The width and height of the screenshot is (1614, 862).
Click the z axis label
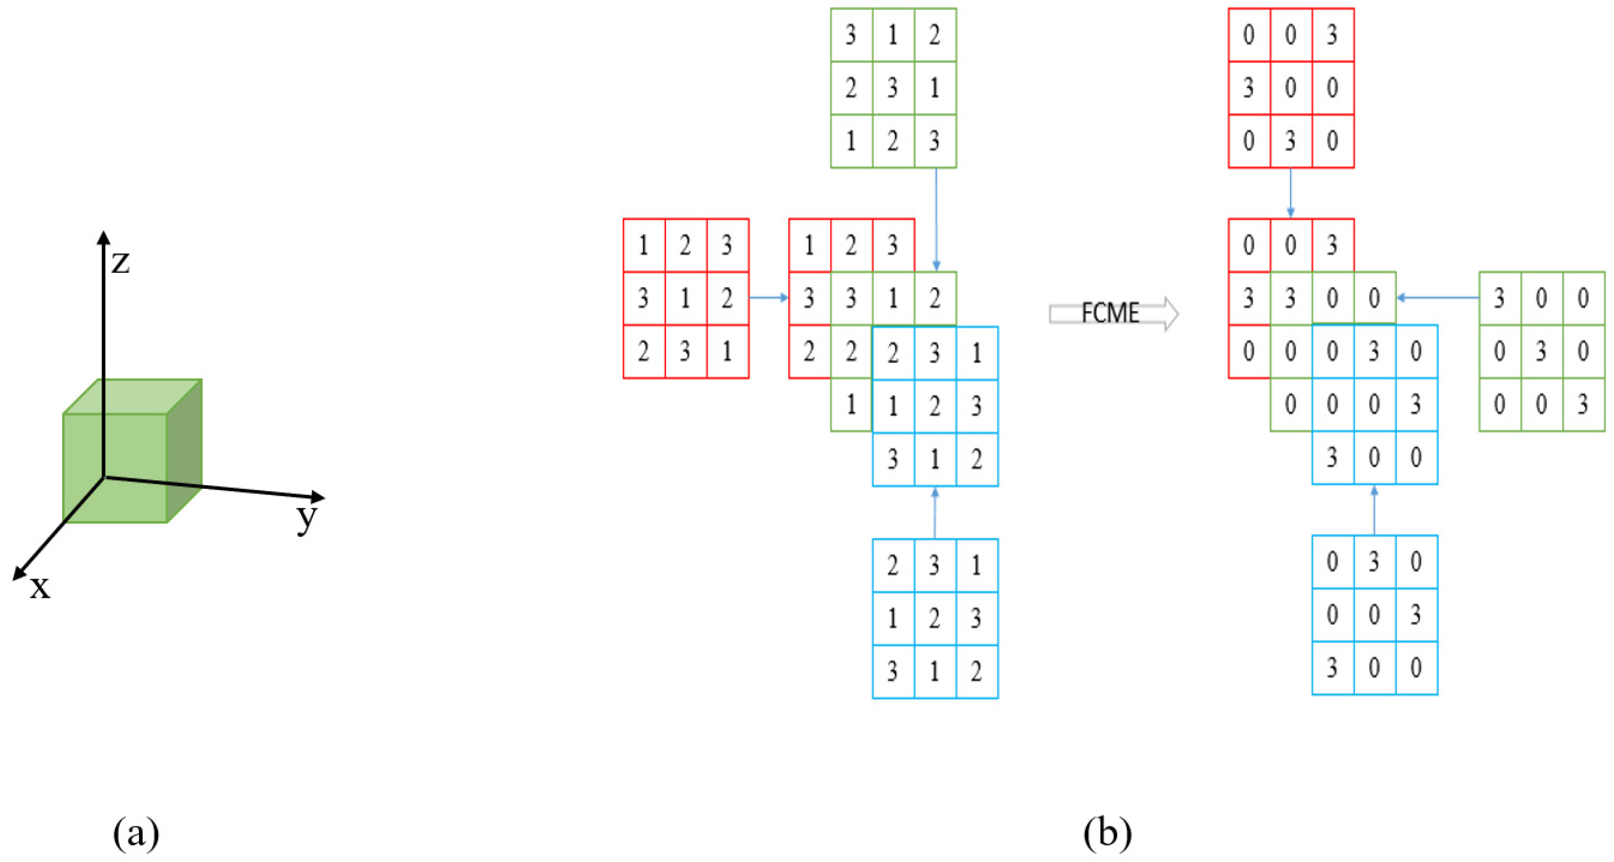[121, 262]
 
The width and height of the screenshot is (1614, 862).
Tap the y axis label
[307, 518]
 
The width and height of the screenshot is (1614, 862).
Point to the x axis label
[40, 588]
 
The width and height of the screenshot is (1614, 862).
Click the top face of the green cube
[132, 396]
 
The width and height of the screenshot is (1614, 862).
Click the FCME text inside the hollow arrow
[1110, 312]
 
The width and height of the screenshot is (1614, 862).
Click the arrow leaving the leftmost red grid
[769, 298]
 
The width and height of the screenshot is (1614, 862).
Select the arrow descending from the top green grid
[936, 219]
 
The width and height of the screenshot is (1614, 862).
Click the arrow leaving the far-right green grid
[1438, 298]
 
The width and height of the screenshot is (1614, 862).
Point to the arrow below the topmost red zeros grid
[1291, 193]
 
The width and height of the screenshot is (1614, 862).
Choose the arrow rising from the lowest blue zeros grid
[1374, 510]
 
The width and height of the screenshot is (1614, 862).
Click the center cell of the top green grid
[893, 88]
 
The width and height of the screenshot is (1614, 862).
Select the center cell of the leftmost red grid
[686, 298]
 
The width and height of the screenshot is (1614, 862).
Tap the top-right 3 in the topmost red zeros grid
[1332, 35]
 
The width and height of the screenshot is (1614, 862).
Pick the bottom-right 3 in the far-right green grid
[1583, 405]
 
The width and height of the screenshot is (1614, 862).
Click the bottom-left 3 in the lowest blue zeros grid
[1332, 668]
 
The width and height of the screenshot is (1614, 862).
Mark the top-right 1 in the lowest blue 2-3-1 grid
[977, 566]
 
